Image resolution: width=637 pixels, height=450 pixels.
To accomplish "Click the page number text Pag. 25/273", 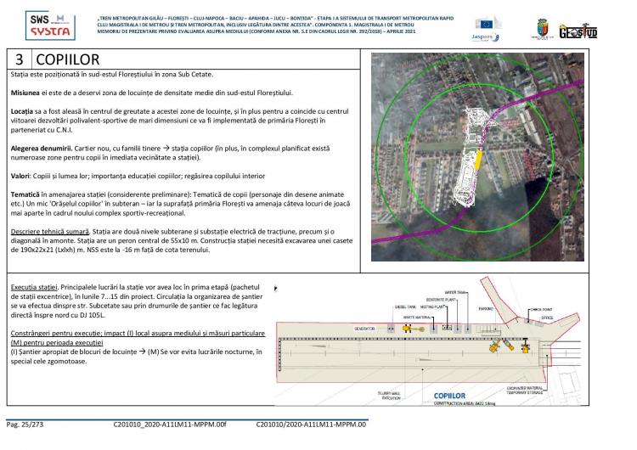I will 30,423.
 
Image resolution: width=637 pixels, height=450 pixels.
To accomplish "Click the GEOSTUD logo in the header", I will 600,28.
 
